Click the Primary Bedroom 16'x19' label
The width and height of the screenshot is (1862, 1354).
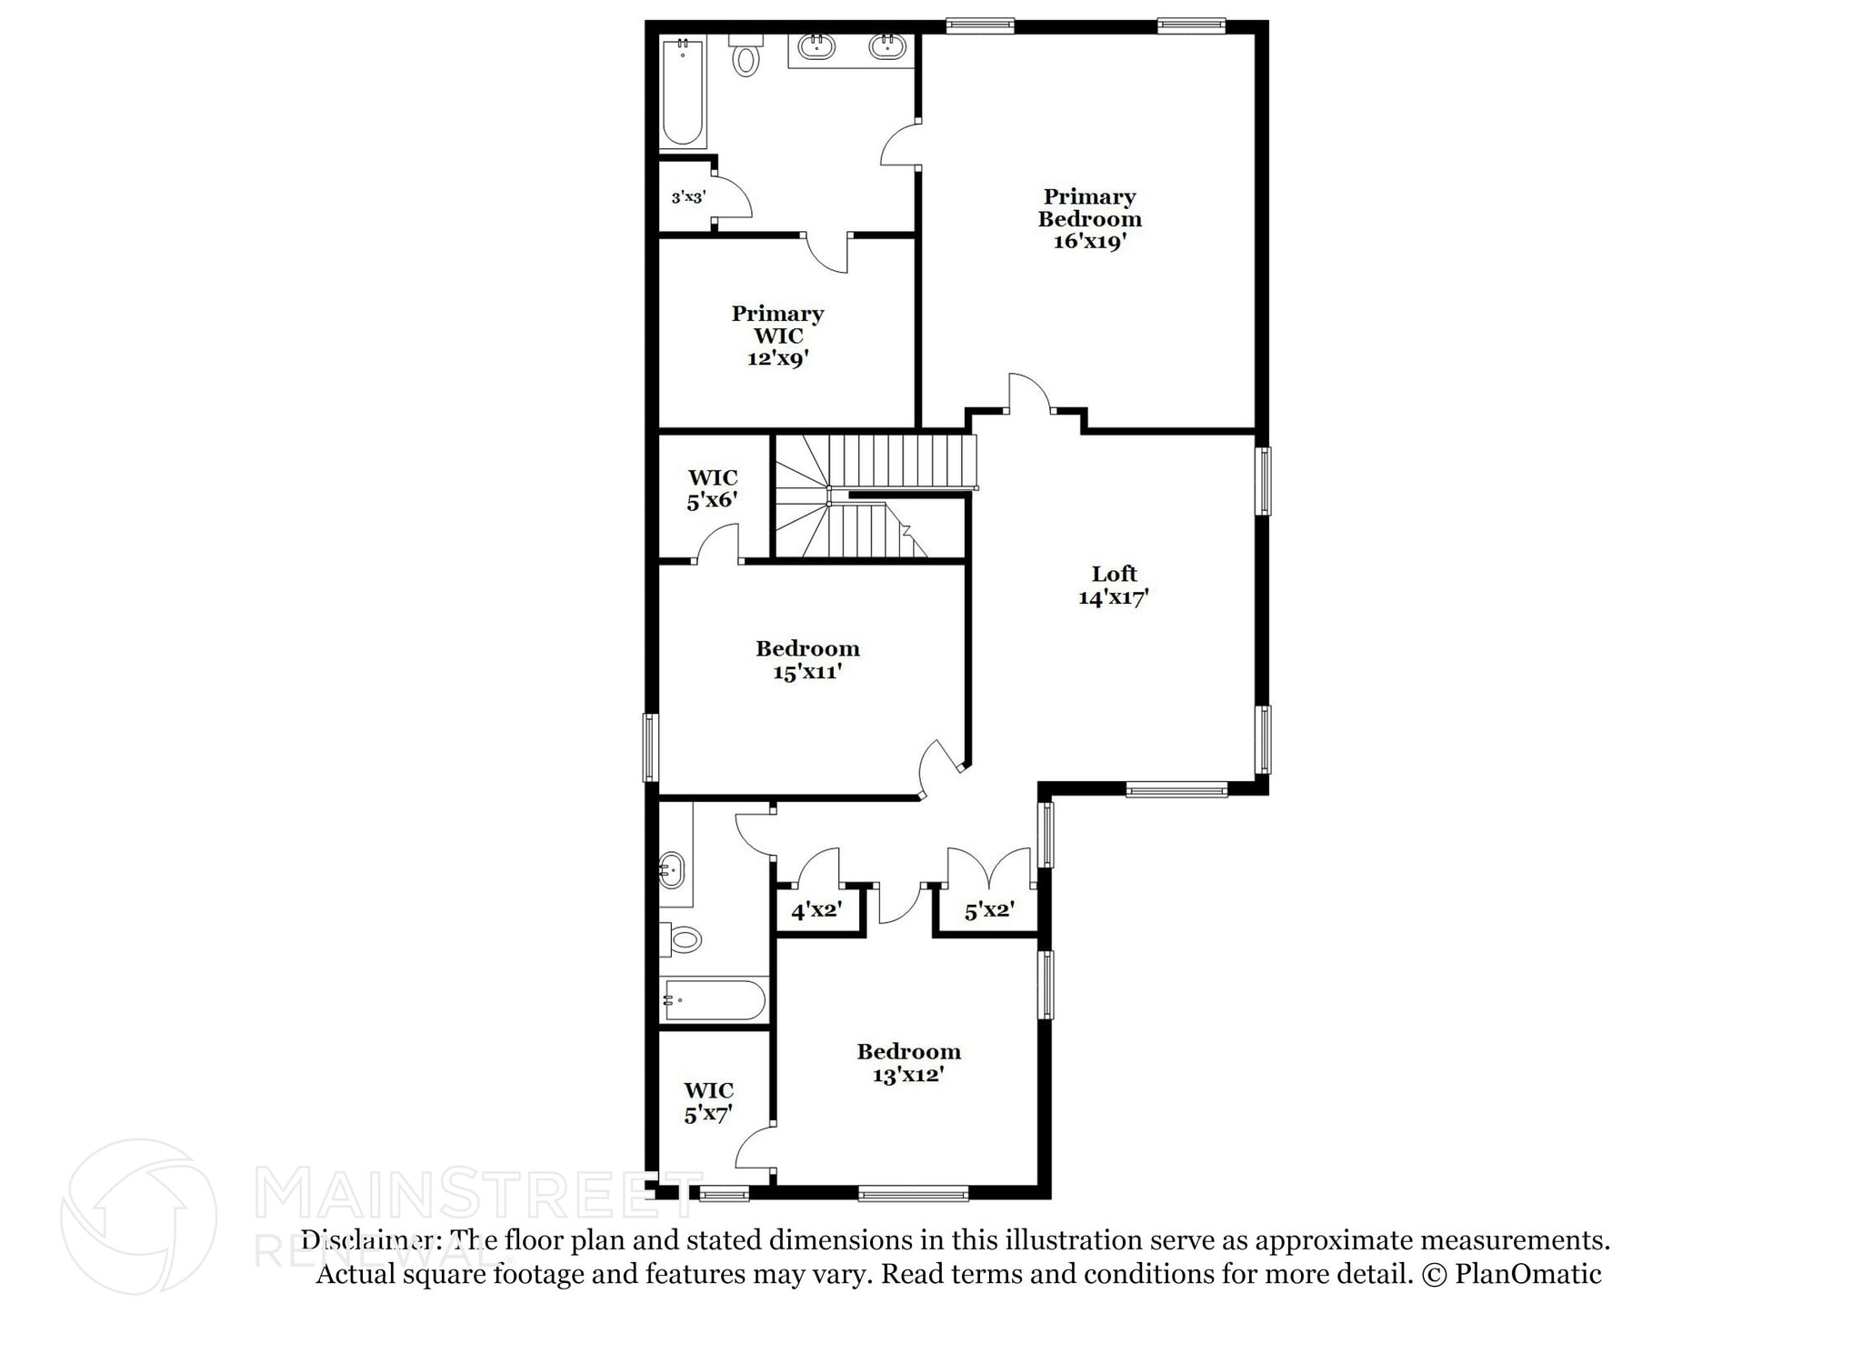pos(1089,219)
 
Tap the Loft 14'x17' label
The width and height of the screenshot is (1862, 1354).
pos(1114,586)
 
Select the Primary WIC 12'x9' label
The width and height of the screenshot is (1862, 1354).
pos(777,336)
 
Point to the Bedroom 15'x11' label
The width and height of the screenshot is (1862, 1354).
pos(807,660)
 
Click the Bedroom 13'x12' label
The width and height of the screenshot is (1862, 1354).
pos(908,1063)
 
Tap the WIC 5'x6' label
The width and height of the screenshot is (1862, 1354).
pos(712,488)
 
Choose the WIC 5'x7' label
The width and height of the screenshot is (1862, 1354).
pos(708,1101)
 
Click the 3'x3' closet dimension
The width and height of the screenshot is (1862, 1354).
pos(688,197)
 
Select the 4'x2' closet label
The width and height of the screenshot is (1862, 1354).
pos(816,910)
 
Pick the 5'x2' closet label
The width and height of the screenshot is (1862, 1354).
pos(989,910)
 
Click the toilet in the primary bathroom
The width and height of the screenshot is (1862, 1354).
pos(746,55)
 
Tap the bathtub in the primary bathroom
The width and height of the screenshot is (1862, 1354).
pos(682,92)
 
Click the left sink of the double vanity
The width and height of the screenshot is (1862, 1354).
pos(816,47)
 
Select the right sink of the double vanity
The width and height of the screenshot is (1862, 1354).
pos(887,47)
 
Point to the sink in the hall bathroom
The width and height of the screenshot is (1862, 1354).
pos(671,870)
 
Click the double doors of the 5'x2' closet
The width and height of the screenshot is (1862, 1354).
pos(990,868)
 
